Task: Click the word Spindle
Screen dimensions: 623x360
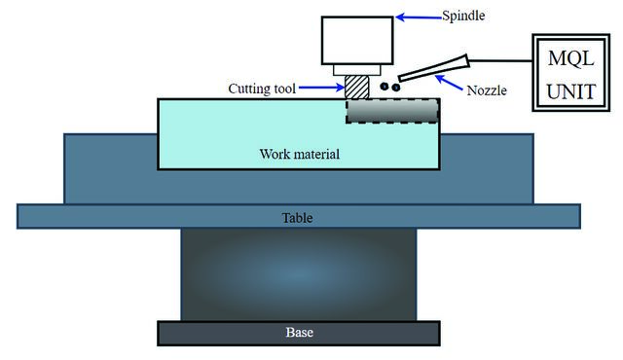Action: click(x=463, y=16)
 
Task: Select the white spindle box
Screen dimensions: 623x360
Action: click(x=357, y=40)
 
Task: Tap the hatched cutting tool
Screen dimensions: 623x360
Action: click(x=357, y=87)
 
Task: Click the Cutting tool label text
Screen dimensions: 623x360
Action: click(x=262, y=89)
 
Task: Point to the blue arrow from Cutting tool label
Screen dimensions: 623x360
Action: click(x=321, y=88)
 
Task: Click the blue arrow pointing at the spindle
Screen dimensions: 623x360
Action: click(x=419, y=18)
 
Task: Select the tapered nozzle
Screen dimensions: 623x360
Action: click(x=434, y=68)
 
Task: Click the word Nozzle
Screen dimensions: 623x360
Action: click(x=487, y=90)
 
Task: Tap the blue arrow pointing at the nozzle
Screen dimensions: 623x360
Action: click(x=449, y=83)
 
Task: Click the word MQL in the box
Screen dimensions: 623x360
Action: click(x=571, y=58)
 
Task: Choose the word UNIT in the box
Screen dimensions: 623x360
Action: click(x=571, y=91)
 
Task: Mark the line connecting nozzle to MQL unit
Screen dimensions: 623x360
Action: click(x=500, y=60)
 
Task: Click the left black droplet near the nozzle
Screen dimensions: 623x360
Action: click(x=384, y=86)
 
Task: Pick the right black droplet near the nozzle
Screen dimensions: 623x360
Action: click(x=396, y=88)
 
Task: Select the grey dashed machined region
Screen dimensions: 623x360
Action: click(x=392, y=111)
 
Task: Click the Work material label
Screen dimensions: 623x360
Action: click(x=300, y=154)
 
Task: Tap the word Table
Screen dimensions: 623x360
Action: click(x=297, y=218)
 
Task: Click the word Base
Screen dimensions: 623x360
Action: click(x=299, y=332)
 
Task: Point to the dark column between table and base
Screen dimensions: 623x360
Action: click(x=299, y=274)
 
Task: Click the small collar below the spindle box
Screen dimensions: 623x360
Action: click(x=357, y=70)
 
